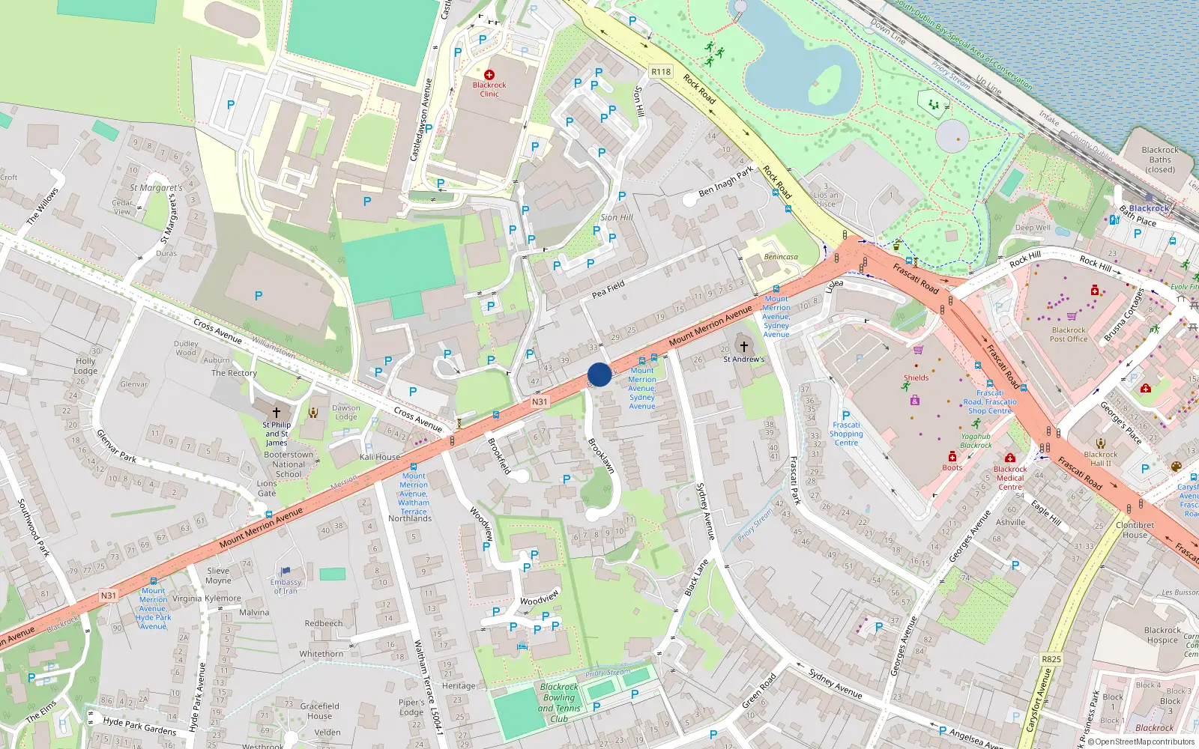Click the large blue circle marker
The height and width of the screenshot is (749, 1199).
(x=599, y=374)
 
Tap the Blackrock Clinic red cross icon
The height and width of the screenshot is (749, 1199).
(x=489, y=75)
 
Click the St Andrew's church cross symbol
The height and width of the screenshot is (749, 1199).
(x=743, y=346)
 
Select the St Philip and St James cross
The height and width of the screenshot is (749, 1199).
(x=276, y=413)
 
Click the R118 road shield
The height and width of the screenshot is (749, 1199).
(x=661, y=72)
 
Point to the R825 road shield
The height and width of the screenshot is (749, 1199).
(x=1051, y=659)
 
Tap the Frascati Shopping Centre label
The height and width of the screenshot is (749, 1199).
(x=846, y=434)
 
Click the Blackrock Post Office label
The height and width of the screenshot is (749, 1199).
(x=1069, y=334)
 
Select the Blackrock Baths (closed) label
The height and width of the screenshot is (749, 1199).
(x=1159, y=160)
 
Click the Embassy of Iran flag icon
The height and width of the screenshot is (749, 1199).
(x=286, y=571)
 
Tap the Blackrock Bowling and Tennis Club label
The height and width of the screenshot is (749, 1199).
(x=559, y=703)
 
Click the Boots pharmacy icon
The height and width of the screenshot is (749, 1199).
(x=952, y=456)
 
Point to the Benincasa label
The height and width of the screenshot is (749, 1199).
(x=781, y=257)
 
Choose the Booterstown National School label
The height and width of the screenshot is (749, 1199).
(x=289, y=464)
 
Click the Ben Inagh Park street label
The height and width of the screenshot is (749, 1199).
(x=725, y=182)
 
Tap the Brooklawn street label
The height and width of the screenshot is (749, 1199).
(x=601, y=455)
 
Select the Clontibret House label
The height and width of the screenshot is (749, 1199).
(x=1135, y=530)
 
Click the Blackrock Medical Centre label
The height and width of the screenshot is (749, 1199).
(x=1010, y=478)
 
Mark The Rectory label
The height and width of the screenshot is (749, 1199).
(x=234, y=373)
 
